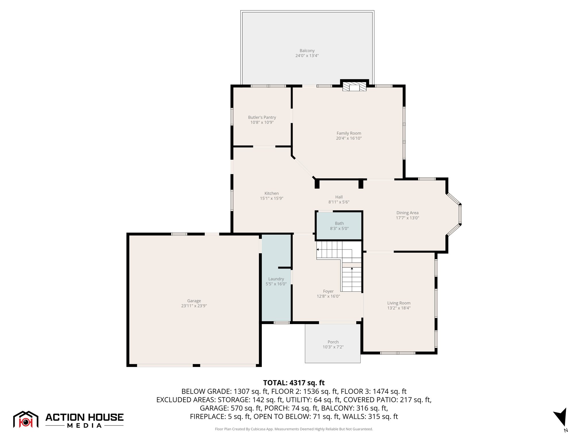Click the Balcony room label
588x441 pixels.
click(x=307, y=51)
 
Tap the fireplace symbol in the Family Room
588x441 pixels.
click(x=354, y=87)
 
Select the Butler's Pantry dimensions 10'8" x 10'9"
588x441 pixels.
click(x=262, y=122)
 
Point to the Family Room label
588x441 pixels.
click(x=349, y=133)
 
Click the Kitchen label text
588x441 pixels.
click(x=271, y=193)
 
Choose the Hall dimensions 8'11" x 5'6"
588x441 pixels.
click(x=339, y=202)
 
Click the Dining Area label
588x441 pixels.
click(x=407, y=213)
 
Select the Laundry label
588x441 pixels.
click(x=276, y=279)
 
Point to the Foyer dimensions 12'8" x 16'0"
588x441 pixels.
click(x=328, y=296)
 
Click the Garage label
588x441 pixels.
click(x=194, y=301)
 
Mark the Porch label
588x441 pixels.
click(x=333, y=342)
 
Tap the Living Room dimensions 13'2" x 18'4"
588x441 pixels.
click(x=399, y=308)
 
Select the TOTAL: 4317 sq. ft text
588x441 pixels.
click(x=294, y=383)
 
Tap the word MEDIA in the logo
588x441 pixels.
click(x=84, y=426)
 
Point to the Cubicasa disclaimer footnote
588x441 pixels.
click(x=294, y=429)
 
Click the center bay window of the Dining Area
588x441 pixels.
click(x=460, y=214)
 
